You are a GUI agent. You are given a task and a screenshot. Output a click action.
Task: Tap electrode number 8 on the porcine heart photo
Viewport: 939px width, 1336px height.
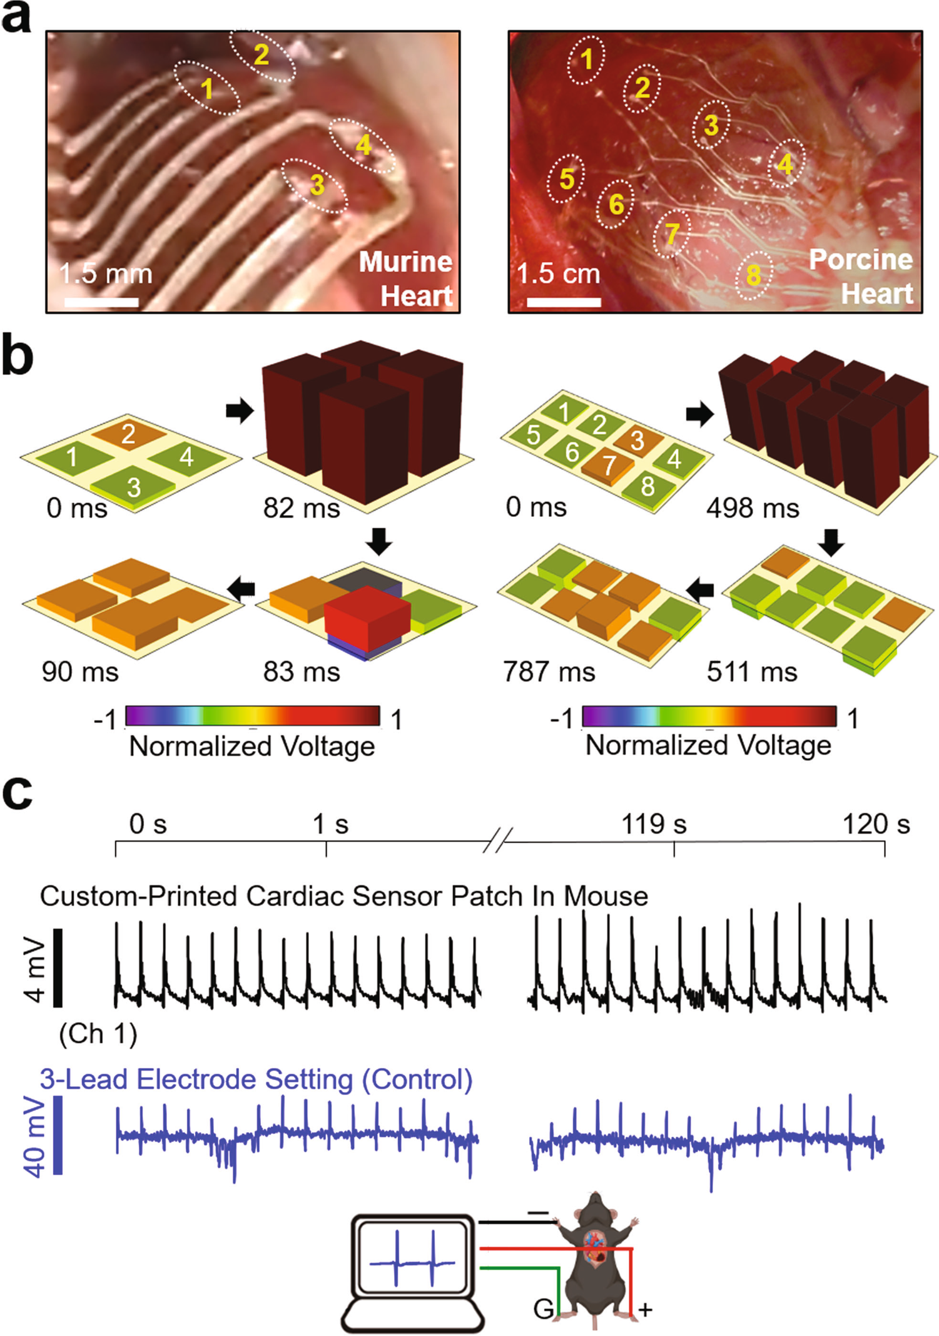(753, 275)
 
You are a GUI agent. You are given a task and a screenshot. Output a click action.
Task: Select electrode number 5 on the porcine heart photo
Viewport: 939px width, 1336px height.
(566, 179)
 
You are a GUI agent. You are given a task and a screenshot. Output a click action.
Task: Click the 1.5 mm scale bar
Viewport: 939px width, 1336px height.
(101, 302)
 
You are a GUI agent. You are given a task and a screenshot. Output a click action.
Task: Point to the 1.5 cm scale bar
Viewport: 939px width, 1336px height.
(564, 302)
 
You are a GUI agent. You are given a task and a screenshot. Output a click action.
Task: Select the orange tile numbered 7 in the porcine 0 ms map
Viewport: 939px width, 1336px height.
(607, 465)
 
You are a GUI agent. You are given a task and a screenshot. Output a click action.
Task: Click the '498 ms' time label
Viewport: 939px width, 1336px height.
(753, 508)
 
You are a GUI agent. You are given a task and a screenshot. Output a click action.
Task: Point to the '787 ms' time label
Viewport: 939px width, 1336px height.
(549, 672)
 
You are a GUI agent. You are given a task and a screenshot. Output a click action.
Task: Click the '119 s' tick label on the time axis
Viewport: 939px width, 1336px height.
(654, 824)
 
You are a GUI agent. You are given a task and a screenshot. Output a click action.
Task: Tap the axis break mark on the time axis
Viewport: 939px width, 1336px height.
(498, 840)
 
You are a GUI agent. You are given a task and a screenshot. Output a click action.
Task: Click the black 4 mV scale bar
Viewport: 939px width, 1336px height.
(58, 967)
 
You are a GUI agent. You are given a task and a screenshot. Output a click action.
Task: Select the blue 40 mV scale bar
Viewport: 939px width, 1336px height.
(58, 1135)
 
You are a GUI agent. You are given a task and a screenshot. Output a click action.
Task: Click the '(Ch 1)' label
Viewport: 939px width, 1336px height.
(98, 1034)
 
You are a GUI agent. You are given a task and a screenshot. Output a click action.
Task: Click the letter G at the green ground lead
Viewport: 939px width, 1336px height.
(543, 1308)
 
